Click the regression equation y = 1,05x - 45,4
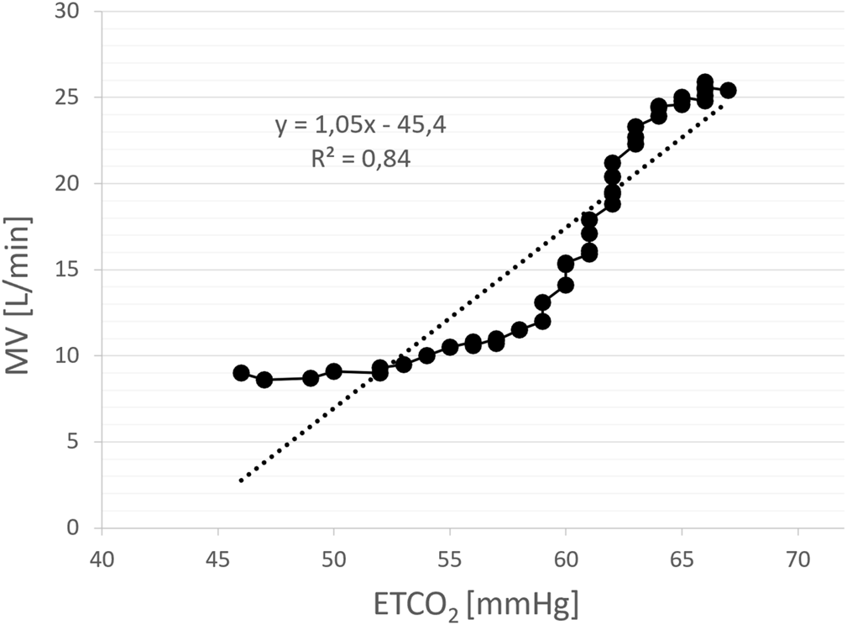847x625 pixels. pyautogui.click(x=362, y=126)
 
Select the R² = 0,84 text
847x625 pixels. pyautogui.click(x=361, y=158)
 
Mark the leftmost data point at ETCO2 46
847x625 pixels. pyautogui.click(x=241, y=373)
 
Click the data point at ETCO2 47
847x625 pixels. pyautogui.click(x=264, y=380)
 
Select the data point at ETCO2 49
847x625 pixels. pyautogui.click(x=311, y=378)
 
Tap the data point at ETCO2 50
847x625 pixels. pyautogui.click(x=334, y=371)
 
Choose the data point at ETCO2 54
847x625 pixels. pyautogui.click(x=426, y=355)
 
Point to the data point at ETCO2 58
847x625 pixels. pyautogui.click(x=520, y=330)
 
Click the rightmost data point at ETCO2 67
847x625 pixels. pyautogui.click(x=729, y=90)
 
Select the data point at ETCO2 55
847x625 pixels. pyautogui.click(x=450, y=347)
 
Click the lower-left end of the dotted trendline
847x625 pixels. pyautogui.click(x=241, y=481)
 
